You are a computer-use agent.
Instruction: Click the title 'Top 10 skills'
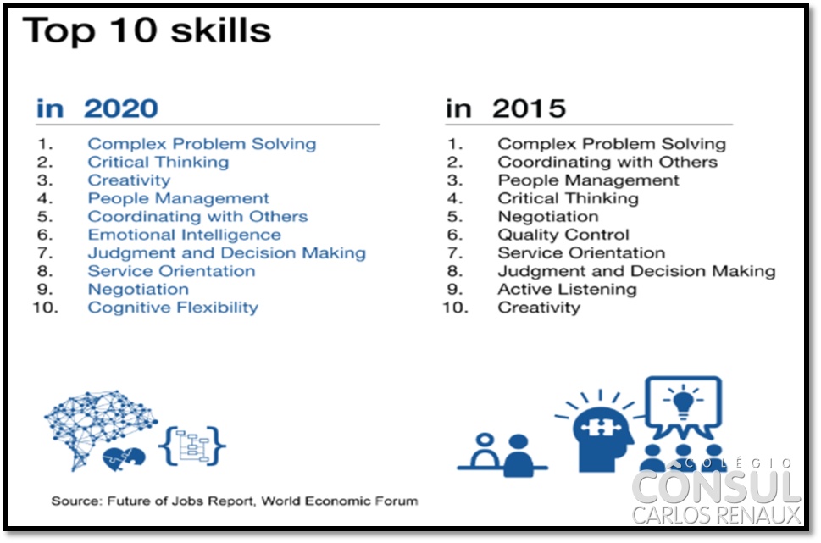pos(147,30)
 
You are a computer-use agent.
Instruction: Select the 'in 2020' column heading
pos(97,108)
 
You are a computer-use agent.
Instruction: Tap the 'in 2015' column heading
pos(506,108)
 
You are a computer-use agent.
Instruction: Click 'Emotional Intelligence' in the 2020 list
pos(185,235)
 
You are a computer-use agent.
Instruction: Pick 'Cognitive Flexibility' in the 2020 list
pos(173,308)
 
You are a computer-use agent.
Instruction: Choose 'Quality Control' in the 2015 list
pos(563,235)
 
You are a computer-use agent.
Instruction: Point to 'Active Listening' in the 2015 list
pos(567,289)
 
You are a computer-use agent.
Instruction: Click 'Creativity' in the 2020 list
pos(130,180)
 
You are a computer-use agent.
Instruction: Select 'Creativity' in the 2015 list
pos(539,308)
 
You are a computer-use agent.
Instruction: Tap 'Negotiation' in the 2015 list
pos(548,216)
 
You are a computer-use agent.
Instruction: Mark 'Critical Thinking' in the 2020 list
pos(158,163)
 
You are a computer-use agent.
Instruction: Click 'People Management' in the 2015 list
pos(589,180)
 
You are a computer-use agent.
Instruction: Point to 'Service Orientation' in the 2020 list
pos(172,271)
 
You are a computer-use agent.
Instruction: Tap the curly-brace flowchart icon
pos(192,446)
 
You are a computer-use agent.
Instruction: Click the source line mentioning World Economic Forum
pos(235,501)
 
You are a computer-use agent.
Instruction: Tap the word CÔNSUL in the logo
pos(716,486)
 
